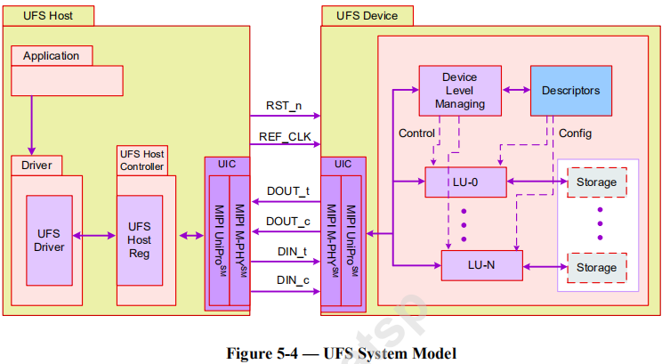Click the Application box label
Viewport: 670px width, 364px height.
(x=51, y=56)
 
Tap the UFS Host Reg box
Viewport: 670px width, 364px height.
(x=140, y=239)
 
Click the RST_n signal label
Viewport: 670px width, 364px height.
(x=284, y=106)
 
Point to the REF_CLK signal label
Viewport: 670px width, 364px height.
(x=284, y=137)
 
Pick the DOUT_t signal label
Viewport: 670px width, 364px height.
(x=287, y=190)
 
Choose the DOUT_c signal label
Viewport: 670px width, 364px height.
(x=287, y=221)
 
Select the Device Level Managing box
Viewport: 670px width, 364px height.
(x=460, y=90)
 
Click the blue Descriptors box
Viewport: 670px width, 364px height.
(x=570, y=91)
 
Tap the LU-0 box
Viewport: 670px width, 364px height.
(x=465, y=182)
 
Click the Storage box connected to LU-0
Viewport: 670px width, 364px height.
(x=597, y=182)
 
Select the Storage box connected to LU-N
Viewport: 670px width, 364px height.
(x=597, y=267)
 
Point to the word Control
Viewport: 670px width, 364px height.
(x=416, y=133)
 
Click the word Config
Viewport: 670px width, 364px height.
(x=575, y=133)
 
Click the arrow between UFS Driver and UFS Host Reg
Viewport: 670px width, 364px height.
(x=94, y=236)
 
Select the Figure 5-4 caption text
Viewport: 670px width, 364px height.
(x=342, y=353)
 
